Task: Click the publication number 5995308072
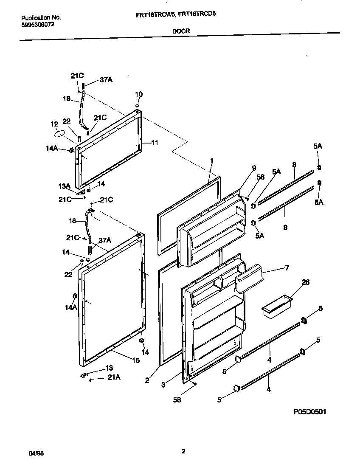tap(37, 25)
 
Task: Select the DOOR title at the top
tap(181, 31)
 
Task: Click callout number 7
tap(287, 268)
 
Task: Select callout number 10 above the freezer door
tap(139, 94)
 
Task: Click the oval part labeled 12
tap(60, 134)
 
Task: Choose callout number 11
tap(155, 143)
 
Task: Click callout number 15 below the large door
tap(135, 360)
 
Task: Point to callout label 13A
tap(65, 186)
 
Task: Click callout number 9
tap(254, 168)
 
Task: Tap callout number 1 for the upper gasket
tap(212, 160)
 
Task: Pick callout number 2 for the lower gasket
tap(147, 380)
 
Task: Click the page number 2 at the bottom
tap(183, 451)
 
